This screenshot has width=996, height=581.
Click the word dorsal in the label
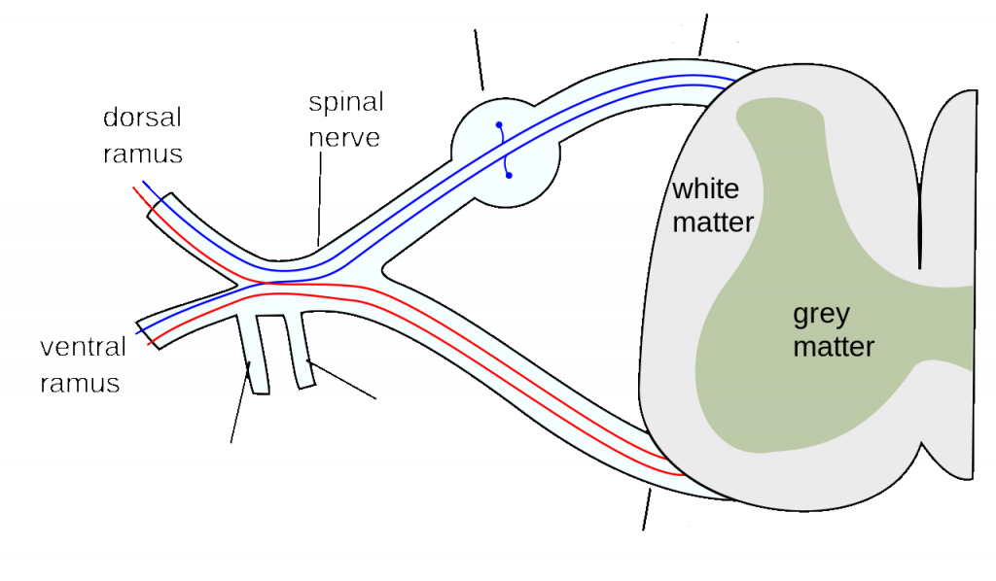point(143,118)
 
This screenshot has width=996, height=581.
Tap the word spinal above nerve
point(346,102)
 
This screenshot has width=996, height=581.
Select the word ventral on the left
point(84,348)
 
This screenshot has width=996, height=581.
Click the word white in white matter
point(705,188)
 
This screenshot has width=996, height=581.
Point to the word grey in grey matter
point(821,314)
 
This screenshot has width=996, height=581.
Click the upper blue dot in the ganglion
point(499,124)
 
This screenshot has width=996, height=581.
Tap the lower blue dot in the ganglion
point(509,176)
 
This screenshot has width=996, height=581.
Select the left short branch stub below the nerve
point(256,355)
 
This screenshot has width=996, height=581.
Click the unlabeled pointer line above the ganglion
point(479,58)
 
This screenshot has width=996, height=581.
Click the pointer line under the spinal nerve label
point(318,199)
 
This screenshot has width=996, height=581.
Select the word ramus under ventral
point(81,383)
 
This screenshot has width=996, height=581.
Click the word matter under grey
point(834,347)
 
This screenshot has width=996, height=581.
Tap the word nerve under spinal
point(345,136)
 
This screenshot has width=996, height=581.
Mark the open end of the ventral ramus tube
point(147,330)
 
